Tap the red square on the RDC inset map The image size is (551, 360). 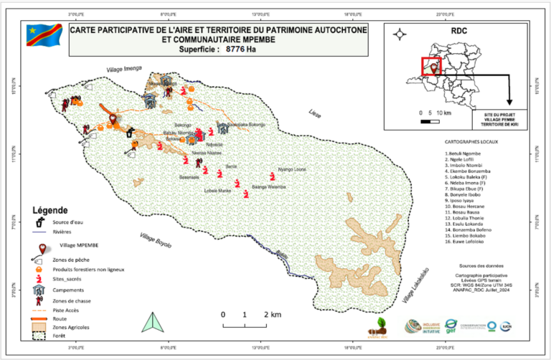tap(430, 66)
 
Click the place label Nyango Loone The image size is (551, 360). tap(292, 169)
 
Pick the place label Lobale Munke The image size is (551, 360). tap(217, 191)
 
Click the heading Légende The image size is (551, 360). tap(50, 210)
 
